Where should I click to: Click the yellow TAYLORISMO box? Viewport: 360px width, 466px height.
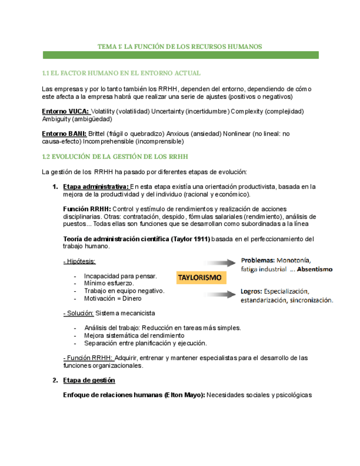pos(198,278)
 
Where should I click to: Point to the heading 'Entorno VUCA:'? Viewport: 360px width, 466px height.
pos(65,112)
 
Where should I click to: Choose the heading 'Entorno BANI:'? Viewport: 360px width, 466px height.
pos(64,134)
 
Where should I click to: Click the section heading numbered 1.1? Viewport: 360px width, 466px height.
pos(121,73)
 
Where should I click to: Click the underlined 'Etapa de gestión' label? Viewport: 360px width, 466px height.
pos(89,380)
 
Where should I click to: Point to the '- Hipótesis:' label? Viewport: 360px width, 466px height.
pos(79,261)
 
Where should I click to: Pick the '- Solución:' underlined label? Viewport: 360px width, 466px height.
pos(79,313)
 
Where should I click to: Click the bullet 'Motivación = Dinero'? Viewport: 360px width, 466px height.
pos(112,299)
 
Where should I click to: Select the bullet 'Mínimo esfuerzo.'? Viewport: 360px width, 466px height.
pos(109,284)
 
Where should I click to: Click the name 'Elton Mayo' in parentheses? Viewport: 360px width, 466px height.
pos(184,395)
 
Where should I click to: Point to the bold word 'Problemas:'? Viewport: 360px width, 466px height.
pos(258,260)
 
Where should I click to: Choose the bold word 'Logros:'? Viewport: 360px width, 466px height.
pos(252,291)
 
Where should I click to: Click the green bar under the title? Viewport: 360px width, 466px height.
pos(180,56)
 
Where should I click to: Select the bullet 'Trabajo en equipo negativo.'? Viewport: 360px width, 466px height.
pos(124,291)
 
